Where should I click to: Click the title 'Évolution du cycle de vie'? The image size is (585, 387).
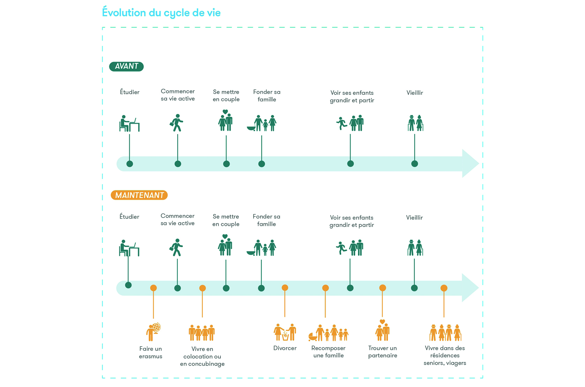coord(161,13)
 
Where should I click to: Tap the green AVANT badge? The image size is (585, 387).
coord(126,66)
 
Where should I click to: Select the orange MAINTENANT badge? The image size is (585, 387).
coord(139,195)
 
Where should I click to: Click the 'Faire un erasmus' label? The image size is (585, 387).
coord(151,352)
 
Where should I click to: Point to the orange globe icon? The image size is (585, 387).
coord(153,332)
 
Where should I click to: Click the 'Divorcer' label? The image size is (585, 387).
coord(285,348)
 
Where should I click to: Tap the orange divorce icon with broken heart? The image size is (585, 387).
coord(285,332)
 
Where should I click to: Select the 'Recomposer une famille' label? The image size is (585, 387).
coord(328,352)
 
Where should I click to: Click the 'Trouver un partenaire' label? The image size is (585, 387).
coord(383,352)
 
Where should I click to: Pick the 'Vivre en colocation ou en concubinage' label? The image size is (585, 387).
coord(202,356)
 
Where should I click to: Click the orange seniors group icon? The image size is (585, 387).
coord(445,333)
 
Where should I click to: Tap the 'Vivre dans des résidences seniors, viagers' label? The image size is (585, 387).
coord(445,356)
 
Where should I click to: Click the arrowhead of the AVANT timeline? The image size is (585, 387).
coord(470,164)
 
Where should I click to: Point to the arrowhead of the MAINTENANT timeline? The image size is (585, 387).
coord(470,288)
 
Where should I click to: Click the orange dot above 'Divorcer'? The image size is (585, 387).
coord(285,288)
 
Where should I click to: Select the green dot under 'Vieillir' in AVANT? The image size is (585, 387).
coord(414,164)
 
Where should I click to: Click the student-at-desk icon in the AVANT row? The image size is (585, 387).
coord(129,123)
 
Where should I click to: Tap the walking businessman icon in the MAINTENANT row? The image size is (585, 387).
coord(177,248)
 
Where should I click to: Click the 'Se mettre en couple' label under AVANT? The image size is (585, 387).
coord(226,96)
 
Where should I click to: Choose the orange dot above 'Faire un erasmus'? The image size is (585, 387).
coord(153,288)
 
